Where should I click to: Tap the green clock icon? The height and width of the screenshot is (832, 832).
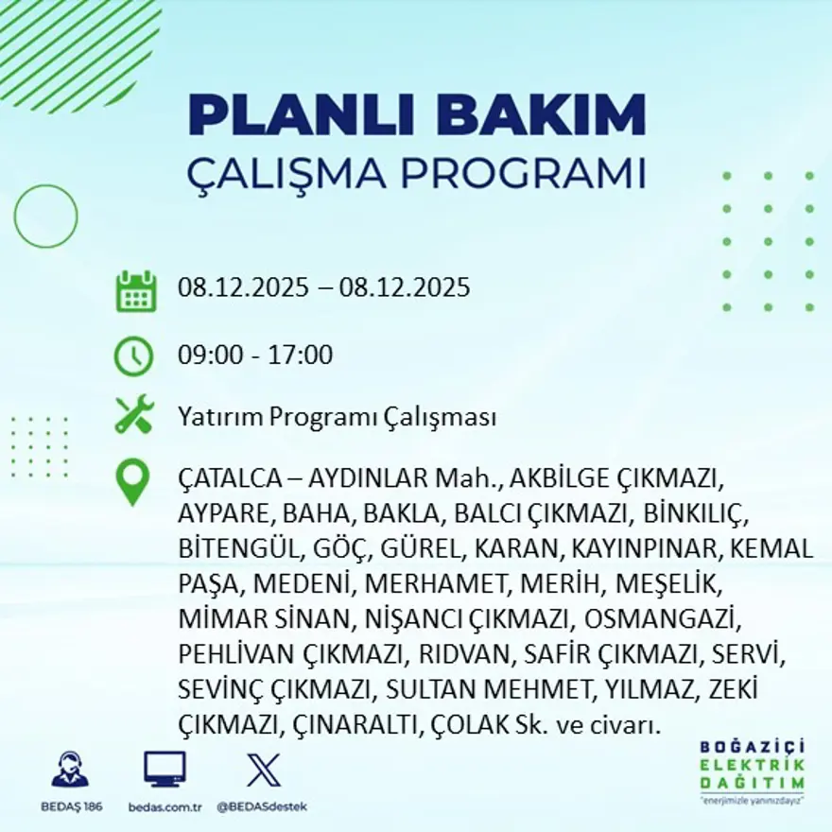point(133,356)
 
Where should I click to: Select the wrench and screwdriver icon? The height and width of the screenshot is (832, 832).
point(134,415)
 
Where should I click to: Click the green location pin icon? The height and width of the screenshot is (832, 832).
point(132,481)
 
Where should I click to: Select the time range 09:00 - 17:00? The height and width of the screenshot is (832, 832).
point(255,355)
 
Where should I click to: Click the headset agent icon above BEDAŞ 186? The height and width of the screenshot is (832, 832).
point(70,770)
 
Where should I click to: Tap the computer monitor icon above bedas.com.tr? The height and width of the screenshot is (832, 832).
point(165,769)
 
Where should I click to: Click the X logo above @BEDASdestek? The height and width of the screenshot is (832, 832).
point(262,769)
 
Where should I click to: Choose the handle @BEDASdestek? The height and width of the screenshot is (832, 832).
point(262,806)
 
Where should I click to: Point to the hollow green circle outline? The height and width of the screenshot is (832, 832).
point(45,216)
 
